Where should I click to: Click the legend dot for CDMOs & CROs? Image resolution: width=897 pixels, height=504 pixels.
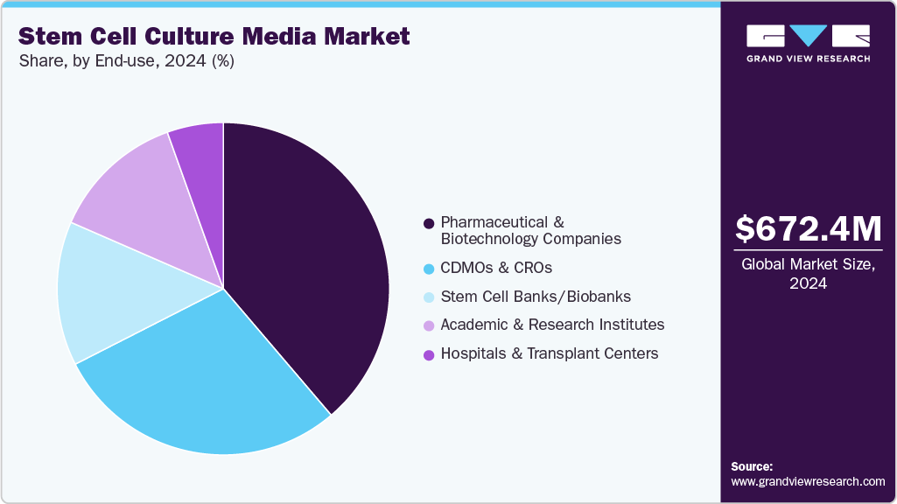click(429, 268)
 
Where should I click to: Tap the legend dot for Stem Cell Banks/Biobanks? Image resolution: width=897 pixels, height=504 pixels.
click(429, 297)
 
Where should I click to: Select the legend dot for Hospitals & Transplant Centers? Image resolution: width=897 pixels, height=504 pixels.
click(429, 354)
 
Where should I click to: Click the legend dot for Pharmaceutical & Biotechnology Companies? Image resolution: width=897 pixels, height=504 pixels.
click(429, 223)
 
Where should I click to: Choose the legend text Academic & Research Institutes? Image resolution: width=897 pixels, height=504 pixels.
click(552, 325)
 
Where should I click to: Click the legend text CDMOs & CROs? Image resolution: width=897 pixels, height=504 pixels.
click(496, 268)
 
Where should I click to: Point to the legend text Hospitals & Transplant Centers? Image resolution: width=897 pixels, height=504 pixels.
click(550, 353)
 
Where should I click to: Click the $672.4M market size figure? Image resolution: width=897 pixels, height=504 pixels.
click(808, 228)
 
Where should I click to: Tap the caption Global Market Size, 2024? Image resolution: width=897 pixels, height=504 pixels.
click(808, 273)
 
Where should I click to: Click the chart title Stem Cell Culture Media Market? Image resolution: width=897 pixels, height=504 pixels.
click(214, 36)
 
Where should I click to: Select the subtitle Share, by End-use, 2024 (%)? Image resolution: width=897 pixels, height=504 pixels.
click(126, 61)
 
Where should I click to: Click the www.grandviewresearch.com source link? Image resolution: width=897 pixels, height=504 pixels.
click(808, 481)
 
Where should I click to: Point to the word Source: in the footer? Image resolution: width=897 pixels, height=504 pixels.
click(752, 466)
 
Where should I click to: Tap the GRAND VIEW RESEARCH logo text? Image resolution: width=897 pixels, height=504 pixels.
click(808, 59)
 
